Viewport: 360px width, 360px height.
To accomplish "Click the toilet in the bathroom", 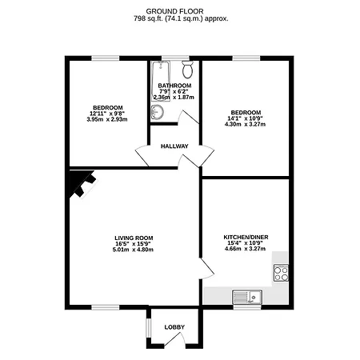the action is (x=187, y=70).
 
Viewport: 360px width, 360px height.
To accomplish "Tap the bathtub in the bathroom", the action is (x=161, y=81).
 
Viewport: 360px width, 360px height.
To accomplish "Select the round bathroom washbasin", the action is (x=157, y=112).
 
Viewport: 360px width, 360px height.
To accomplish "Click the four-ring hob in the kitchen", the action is (x=281, y=273).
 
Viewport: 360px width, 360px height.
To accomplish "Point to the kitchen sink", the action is (x=247, y=297).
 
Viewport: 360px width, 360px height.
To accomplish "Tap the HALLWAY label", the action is (x=174, y=146).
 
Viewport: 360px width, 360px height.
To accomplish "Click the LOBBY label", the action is (x=174, y=327).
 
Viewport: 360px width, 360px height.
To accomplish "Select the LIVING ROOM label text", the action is (x=134, y=238).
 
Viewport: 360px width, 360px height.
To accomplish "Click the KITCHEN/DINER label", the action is (x=246, y=237).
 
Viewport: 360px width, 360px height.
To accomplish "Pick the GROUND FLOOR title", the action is (x=174, y=11).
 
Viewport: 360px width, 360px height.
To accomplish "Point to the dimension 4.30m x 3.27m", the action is (x=245, y=124).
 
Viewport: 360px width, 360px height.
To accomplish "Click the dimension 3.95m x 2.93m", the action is (x=107, y=119).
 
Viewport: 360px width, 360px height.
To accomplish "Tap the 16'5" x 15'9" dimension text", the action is (x=134, y=244).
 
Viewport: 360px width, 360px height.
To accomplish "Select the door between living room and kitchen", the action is (x=207, y=269).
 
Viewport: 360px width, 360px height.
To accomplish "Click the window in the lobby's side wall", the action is (x=148, y=326).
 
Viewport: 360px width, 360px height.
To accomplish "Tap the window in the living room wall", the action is (x=106, y=307).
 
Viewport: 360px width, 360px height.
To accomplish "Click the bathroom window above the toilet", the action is (x=175, y=58).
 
